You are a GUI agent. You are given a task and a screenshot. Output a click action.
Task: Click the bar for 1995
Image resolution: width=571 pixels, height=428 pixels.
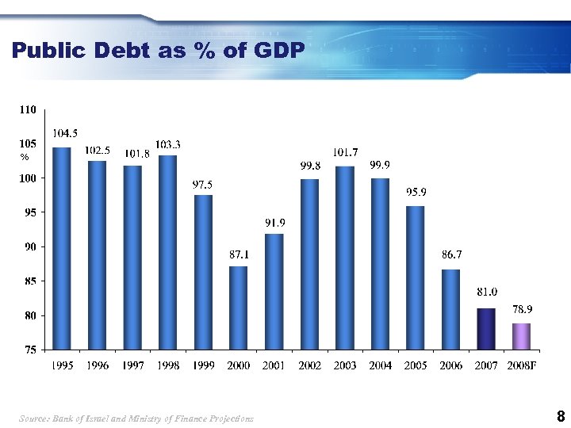pos(62,248)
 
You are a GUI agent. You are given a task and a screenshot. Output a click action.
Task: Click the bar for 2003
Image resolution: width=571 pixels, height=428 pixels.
pos(345,258)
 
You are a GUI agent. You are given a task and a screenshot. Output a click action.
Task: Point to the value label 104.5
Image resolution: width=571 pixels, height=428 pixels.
pos(65,133)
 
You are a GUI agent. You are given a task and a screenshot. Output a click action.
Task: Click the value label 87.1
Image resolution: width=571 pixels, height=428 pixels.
pos(240,254)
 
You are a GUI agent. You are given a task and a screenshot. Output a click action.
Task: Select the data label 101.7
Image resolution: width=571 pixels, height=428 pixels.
pos(346,152)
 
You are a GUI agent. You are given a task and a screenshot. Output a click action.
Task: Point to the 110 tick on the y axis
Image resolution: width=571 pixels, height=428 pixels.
pos(28,110)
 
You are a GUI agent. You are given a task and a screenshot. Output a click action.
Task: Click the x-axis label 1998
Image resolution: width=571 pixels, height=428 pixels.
pos(168,365)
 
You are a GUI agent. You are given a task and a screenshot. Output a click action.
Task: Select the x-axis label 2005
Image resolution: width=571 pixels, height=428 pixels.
pos(416,365)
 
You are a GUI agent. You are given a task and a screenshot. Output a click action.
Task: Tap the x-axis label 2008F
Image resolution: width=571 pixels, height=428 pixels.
pos(523,365)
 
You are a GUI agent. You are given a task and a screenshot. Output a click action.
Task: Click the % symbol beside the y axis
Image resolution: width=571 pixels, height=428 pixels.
pos(25,158)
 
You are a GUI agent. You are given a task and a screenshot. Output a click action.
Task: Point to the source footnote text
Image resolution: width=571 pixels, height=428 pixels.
pos(137,418)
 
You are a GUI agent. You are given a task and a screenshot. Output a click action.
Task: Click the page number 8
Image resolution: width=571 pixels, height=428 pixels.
pos(561,416)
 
